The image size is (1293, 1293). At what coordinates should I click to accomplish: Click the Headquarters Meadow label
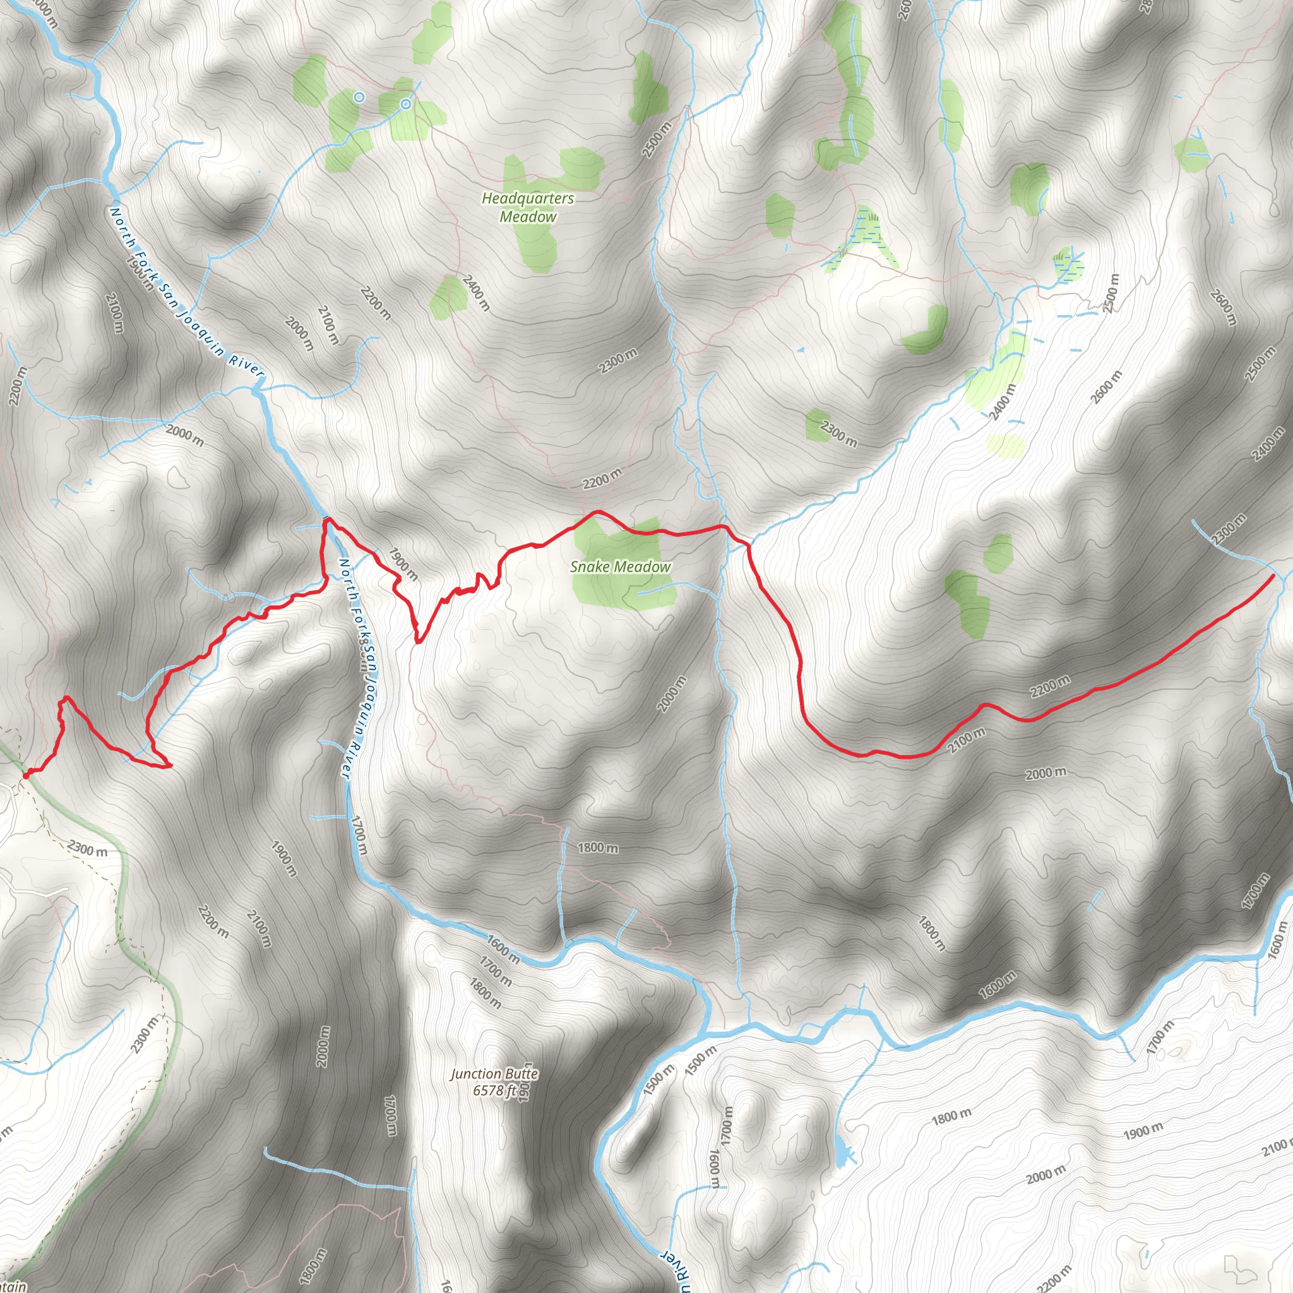[527, 207]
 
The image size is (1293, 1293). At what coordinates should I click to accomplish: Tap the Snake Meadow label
[620, 567]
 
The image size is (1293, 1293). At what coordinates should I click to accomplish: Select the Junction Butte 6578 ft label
[494, 1082]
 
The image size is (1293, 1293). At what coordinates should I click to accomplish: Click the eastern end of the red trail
[1272, 575]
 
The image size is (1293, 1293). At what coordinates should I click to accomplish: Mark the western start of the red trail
[25, 775]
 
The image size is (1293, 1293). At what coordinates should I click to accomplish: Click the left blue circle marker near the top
[359, 97]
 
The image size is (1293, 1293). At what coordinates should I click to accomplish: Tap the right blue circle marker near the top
[405, 104]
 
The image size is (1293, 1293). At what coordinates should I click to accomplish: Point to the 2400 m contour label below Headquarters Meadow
[476, 292]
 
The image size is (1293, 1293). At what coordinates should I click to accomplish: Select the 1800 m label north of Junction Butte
[598, 848]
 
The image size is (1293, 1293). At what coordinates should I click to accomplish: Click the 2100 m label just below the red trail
[967, 740]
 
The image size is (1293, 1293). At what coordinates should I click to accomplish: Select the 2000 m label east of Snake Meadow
[671, 694]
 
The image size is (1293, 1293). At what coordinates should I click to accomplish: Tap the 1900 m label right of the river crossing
[403, 564]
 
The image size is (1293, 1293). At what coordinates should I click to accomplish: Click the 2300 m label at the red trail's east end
[1229, 528]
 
